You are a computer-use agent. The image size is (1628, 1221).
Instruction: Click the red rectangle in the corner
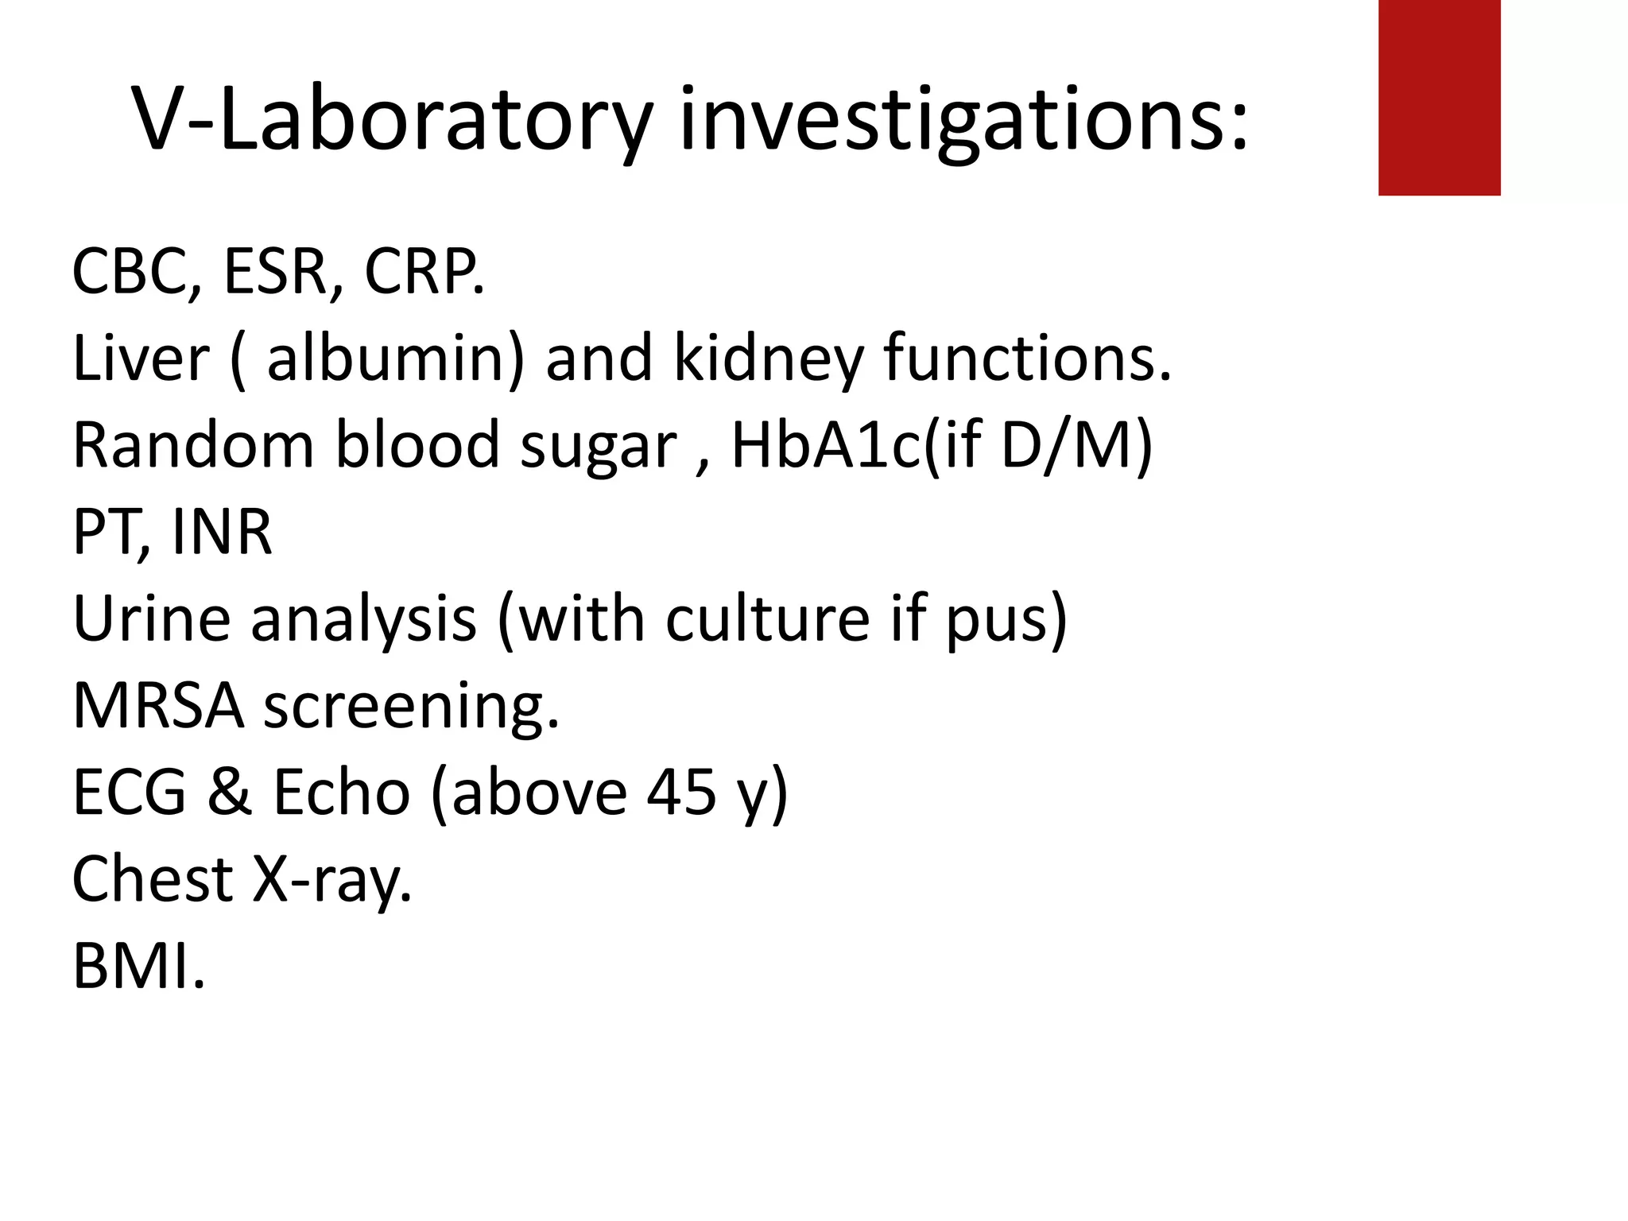1439,97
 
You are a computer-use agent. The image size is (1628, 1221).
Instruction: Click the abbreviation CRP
421,272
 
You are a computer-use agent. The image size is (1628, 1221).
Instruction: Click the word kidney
768,359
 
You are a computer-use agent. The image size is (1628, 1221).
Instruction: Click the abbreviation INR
222,533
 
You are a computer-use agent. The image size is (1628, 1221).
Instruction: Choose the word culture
767,618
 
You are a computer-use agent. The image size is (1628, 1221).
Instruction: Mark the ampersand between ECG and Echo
231,793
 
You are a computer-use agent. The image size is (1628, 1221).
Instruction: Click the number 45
680,793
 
